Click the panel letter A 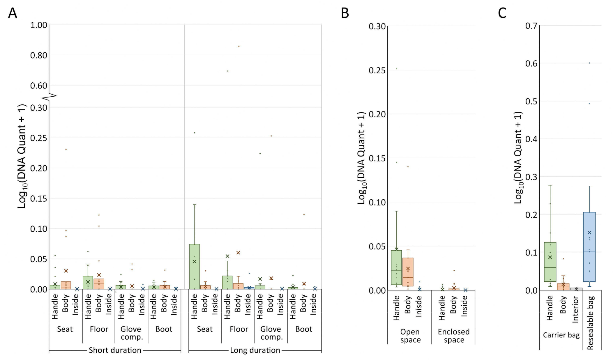[x=12, y=13]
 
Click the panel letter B [x=345, y=13]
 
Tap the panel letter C [x=502, y=13]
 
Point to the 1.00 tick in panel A [x=39, y=25]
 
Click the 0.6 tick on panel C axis [x=531, y=63]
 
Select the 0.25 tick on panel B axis [x=377, y=70]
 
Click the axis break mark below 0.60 [x=52, y=96]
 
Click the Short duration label [x=115, y=350]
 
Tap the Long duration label [x=255, y=350]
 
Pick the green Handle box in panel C [x=550, y=262]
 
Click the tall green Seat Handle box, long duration [x=194, y=266]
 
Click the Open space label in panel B [x=410, y=336]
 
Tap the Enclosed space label [x=454, y=336]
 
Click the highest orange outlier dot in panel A [x=239, y=46]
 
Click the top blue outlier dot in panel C [x=589, y=63]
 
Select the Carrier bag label [x=561, y=335]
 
